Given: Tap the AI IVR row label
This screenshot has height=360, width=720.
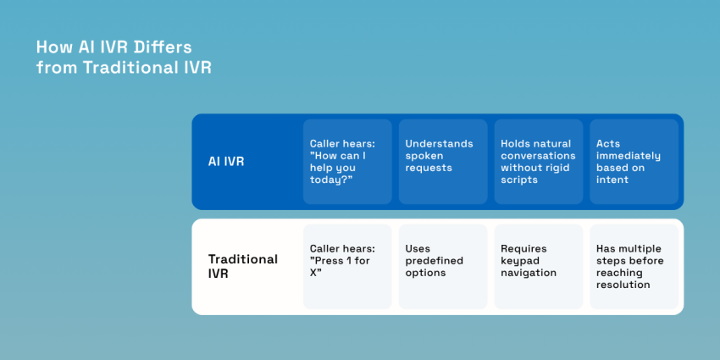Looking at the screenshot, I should (x=226, y=161).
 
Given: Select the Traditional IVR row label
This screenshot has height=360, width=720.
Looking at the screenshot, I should (x=243, y=266).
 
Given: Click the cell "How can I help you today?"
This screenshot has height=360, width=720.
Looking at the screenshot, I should (x=347, y=161).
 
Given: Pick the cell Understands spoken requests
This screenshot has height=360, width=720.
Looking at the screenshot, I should (x=443, y=161).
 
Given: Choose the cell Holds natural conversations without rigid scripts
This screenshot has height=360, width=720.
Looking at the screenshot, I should (x=539, y=161).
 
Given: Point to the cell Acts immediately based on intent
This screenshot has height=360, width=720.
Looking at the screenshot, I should (x=634, y=161).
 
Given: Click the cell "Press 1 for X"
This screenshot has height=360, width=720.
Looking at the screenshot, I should (x=347, y=266).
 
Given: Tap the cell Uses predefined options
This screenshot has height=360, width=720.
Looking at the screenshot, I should (x=443, y=266).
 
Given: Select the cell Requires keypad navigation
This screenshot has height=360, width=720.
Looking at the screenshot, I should (x=539, y=266).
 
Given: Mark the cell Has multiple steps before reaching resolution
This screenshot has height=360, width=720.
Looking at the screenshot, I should (x=634, y=266).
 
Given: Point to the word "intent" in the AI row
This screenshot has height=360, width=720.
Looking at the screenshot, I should (x=612, y=180).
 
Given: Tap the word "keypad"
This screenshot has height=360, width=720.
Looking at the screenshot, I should (x=519, y=261).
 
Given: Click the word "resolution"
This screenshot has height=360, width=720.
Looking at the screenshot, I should (x=623, y=285).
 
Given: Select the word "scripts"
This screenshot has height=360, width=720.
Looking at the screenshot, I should (x=519, y=180).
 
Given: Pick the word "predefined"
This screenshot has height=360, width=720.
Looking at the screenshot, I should (x=434, y=261).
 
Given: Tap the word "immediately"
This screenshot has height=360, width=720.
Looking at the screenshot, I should (x=628, y=156).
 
